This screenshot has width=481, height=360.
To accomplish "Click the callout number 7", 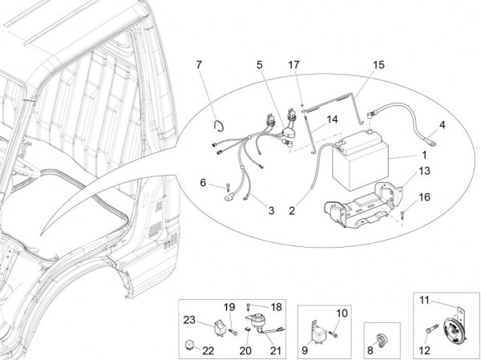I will point(200,63).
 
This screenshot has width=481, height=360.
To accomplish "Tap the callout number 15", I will point(378,63).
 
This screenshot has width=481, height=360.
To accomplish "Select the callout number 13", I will point(424,170).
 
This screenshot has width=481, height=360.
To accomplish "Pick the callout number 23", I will point(190,321).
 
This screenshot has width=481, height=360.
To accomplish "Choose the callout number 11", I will point(425,300).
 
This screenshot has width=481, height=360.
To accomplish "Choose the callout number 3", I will point(271,210).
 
